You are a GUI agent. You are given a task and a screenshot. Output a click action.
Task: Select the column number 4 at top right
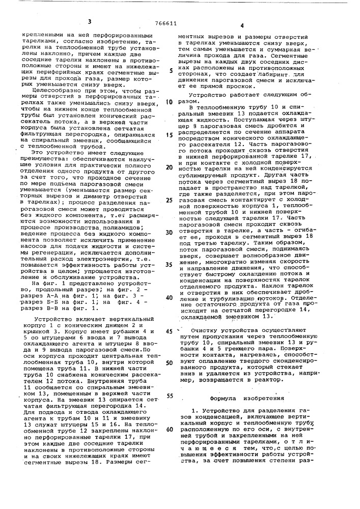tap(242, 24)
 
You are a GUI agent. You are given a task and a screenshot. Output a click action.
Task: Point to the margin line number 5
tap(171, 71)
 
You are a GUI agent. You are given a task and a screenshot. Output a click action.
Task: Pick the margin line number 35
tap(169, 265)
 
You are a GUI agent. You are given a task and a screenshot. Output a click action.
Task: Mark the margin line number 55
tap(170, 395)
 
